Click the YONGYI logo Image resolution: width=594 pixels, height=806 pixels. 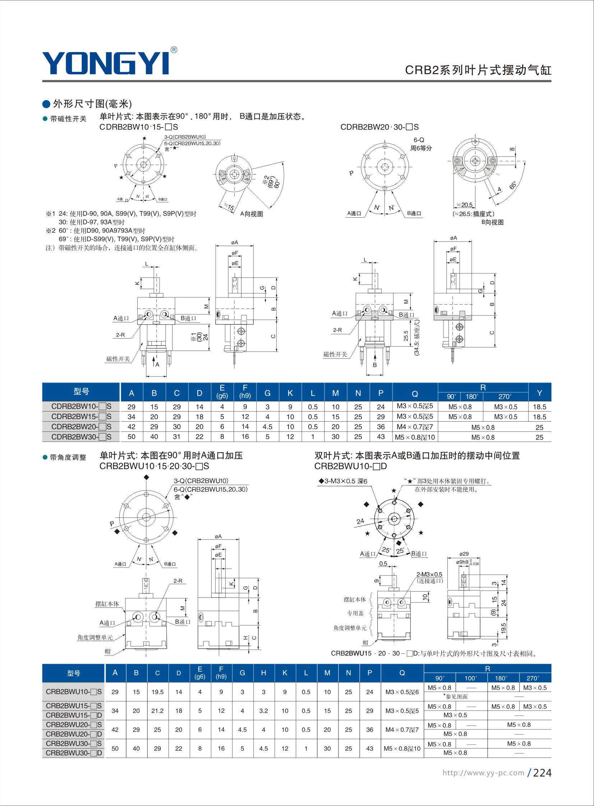tap(106, 63)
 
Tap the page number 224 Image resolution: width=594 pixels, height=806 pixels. tap(542, 773)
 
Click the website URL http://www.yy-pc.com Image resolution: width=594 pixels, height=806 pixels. tap(483, 773)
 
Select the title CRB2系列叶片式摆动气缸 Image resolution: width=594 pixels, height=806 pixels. tap(478, 70)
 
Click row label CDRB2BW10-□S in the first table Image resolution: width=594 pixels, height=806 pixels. tap(81, 407)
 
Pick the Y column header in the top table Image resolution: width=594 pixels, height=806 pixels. tap(539, 393)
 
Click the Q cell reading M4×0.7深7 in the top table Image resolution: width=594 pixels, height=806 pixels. tap(415, 427)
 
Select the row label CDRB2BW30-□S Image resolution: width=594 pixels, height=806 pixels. tap(81, 437)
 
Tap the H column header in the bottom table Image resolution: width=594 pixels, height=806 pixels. tap(263, 673)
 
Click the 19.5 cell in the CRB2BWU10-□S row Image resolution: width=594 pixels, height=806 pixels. tap(157, 692)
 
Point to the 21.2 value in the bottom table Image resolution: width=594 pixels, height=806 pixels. tap(157, 711)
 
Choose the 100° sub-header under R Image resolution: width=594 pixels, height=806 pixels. tap(471, 678)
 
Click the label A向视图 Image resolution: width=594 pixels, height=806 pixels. tap(252, 214)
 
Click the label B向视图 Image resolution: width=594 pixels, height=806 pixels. tap(492, 222)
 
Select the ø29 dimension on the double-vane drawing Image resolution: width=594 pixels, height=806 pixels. tap(464, 554)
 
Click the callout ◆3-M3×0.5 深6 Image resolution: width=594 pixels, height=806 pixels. tap(343, 481)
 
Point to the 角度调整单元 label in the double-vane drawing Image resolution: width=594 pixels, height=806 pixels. tap(350, 628)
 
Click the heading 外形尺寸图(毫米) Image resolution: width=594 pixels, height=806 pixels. tap(92, 104)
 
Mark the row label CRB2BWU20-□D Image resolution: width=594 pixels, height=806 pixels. tap(74, 734)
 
